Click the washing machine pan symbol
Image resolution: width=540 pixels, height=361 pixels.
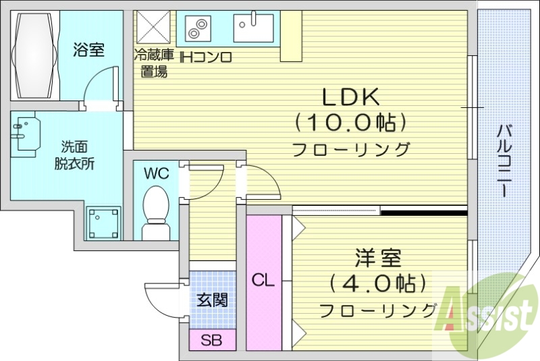pos(103,222)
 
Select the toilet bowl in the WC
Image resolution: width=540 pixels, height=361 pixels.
pos(156,206)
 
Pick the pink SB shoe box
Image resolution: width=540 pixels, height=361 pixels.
pos(212,340)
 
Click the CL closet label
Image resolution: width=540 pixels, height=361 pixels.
pos(263,280)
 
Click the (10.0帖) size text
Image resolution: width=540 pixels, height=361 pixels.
pos(350,123)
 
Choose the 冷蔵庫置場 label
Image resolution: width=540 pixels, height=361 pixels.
pos(152,63)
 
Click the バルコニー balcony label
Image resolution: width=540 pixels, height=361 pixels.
pos(504,161)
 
